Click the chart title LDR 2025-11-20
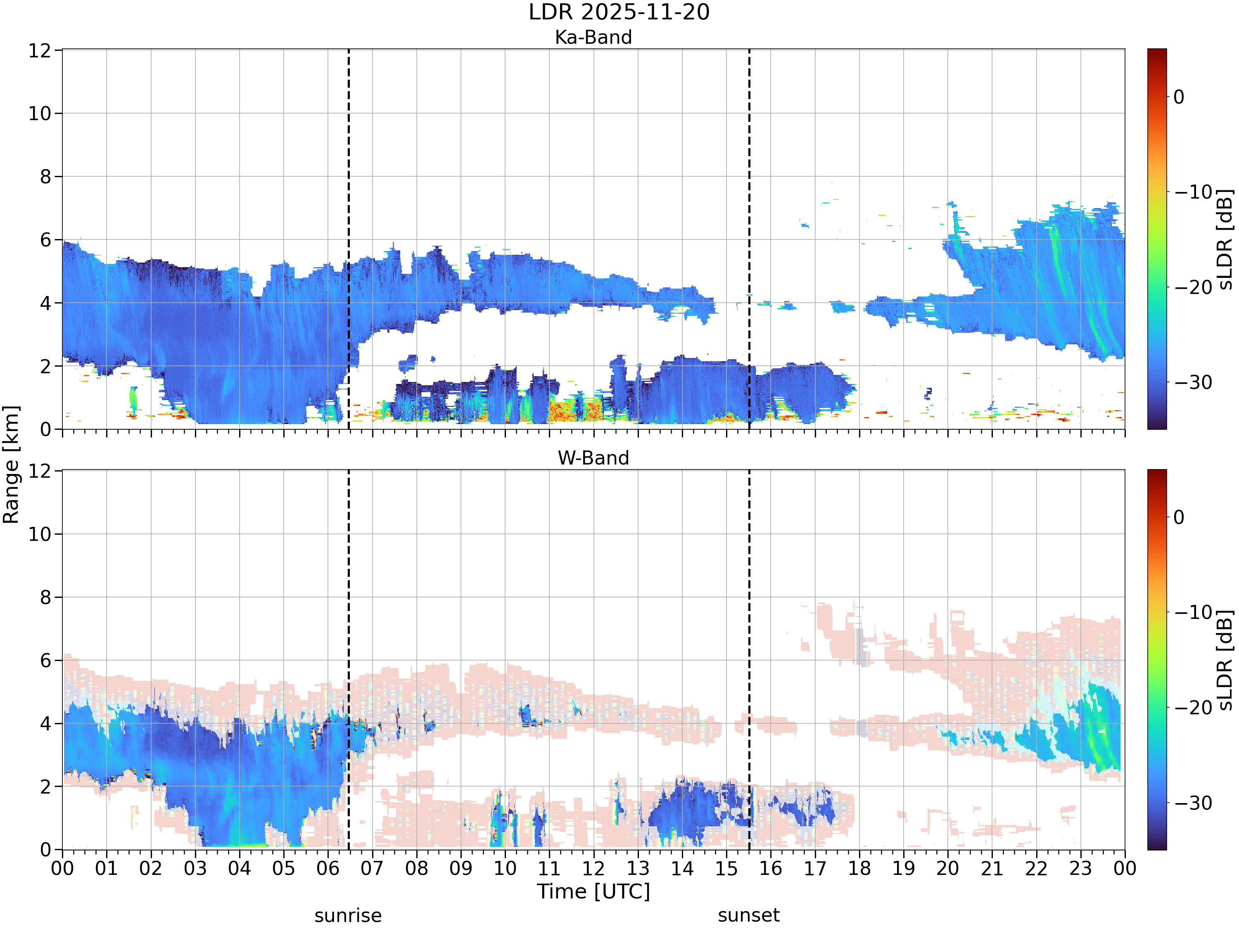click(619, 12)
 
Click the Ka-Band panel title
click(593, 37)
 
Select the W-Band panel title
click(593, 458)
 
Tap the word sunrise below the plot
click(348, 915)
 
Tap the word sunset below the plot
click(749, 915)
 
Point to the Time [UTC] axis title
click(593, 891)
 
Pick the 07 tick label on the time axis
click(372, 869)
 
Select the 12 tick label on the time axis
click(593, 869)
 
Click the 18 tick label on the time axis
click(859, 869)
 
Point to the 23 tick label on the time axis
click(1080, 869)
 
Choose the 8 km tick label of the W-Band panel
click(45, 597)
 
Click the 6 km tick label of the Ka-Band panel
click(45, 240)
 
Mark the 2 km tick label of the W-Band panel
click(45, 787)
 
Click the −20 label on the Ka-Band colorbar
click(1193, 287)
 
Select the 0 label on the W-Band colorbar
click(1179, 517)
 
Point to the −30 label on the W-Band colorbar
click(1193, 803)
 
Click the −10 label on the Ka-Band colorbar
click(1193, 192)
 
